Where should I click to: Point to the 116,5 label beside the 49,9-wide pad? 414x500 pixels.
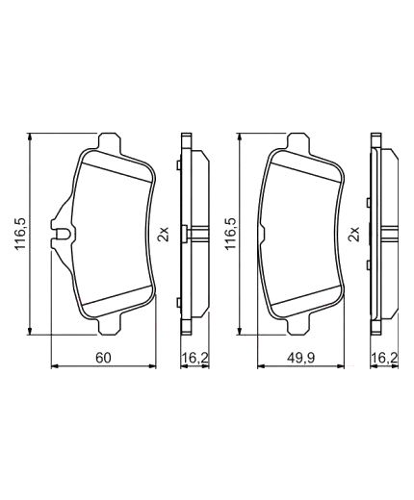(x=228, y=234)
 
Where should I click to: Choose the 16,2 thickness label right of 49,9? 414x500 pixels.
(x=384, y=358)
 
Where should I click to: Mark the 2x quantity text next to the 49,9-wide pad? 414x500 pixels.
(x=354, y=234)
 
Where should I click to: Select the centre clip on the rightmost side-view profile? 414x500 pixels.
(x=384, y=234)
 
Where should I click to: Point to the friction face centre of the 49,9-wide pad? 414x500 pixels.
(x=302, y=234)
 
